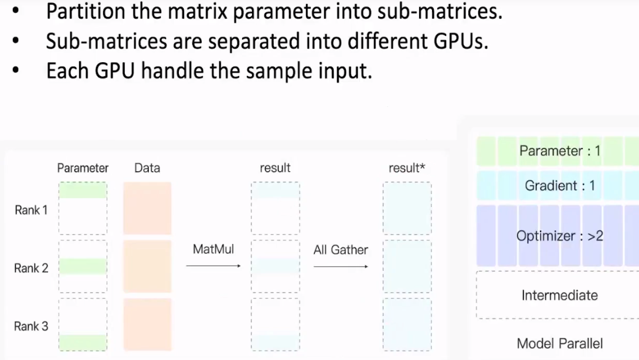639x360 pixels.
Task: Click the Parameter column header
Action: (83, 168)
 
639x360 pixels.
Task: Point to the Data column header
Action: (147, 168)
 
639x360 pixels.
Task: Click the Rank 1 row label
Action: (31, 210)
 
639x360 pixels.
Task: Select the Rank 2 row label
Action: (31, 268)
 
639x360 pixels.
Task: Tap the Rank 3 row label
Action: (31, 326)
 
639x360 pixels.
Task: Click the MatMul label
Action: (213, 249)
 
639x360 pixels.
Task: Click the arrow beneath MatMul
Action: (213, 266)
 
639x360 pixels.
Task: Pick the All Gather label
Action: (341, 250)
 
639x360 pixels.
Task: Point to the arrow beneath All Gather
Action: (341, 266)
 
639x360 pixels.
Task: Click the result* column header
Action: (406, 168)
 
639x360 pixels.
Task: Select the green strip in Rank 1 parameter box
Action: (83, 190)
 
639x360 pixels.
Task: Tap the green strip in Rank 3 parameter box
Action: (83, 342)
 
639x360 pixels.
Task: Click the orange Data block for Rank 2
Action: (147, 266)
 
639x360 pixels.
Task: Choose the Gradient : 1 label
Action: (559, 186)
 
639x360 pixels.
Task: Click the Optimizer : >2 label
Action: (559, 236)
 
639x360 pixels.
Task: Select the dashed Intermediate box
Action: (559, 295)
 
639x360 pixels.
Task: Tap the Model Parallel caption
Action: (559, 344)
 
